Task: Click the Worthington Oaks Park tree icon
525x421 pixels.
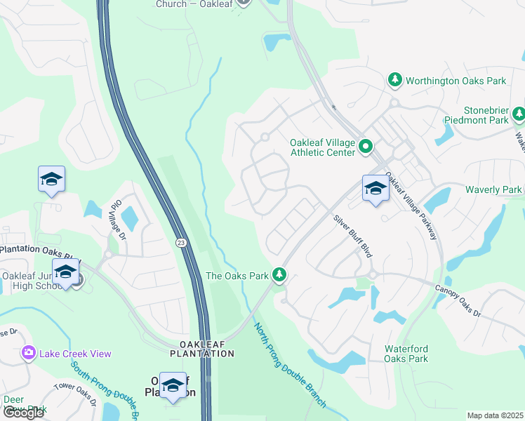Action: coord(395,81)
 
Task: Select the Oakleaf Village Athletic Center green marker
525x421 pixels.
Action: coord(365,147)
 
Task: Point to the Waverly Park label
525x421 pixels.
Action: coord(493,189)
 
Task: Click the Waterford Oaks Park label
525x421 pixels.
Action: coord(406,354)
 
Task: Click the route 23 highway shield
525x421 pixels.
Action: coord(181,242)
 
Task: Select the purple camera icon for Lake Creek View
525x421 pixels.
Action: coord(29,352)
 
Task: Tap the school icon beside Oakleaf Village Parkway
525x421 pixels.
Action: coord(376,188)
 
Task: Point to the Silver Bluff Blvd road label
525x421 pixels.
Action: coord(352,235)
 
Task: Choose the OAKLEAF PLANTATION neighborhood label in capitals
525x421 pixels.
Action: coord(206,349)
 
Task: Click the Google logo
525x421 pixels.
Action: coord(22,413)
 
